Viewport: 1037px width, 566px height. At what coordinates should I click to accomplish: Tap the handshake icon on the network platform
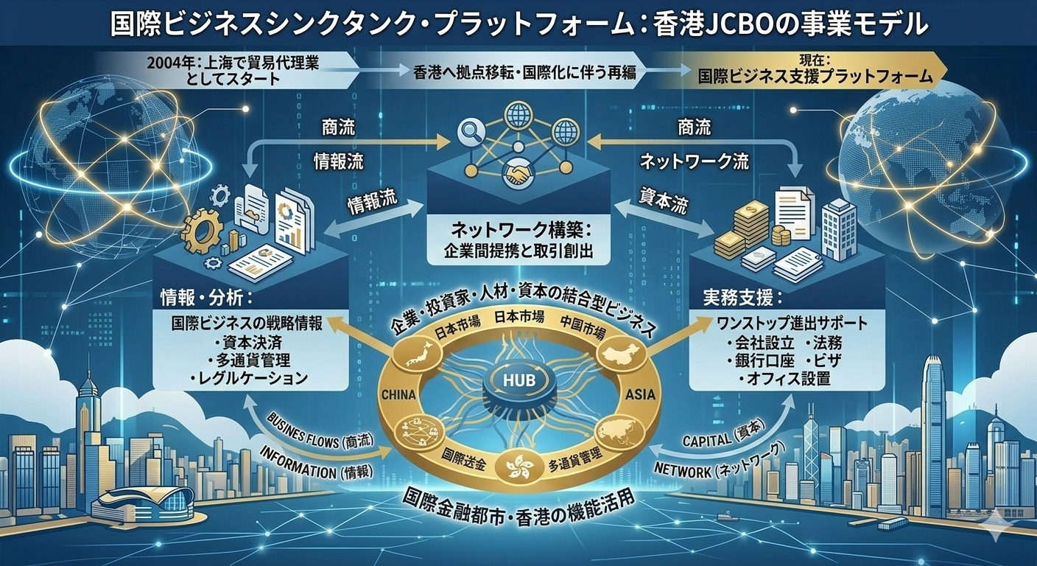(517, 172)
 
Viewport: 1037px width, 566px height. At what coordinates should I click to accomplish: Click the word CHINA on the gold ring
(400, 395)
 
